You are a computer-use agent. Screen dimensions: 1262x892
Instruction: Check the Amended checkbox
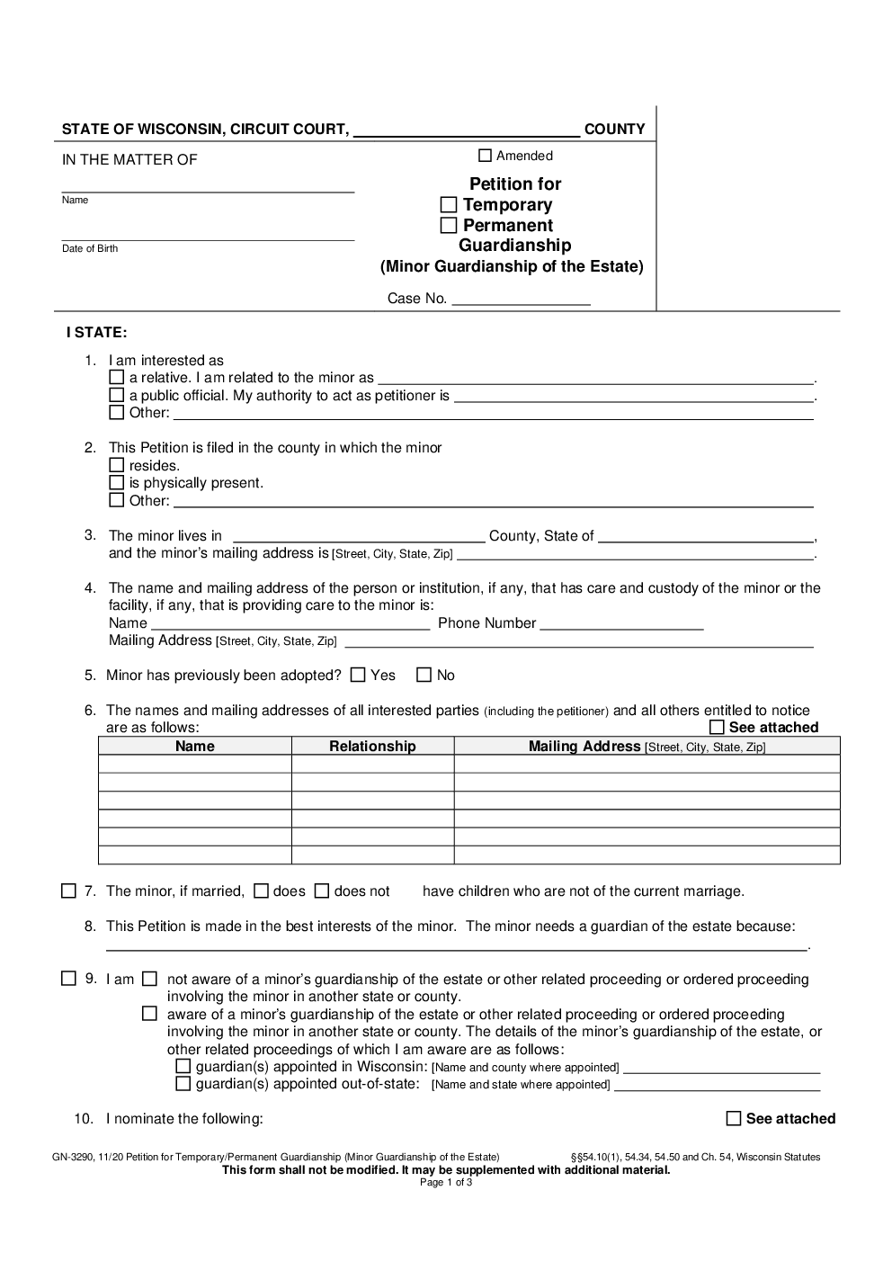486,156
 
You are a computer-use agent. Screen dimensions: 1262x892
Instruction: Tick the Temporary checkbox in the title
449,205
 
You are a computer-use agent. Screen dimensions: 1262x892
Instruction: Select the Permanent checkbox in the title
449,225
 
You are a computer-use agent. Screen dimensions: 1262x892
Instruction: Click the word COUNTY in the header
614,130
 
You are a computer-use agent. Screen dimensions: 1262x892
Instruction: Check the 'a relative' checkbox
117,378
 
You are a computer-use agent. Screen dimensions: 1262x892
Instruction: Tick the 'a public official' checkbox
117,395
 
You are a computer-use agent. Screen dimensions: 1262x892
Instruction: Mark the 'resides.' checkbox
117,465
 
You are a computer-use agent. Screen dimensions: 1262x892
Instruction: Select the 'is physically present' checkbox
117,482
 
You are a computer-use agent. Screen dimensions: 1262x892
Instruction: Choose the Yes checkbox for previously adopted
358,675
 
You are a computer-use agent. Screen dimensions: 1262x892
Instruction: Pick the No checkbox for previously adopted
424,675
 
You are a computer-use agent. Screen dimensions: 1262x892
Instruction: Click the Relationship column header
372,747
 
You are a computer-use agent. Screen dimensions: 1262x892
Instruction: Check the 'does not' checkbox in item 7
322,891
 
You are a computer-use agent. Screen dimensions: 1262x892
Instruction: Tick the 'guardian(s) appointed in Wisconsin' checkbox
183,1067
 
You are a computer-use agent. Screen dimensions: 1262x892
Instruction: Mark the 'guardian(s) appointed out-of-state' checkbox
183,1084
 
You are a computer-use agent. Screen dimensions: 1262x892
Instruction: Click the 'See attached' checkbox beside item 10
734,1119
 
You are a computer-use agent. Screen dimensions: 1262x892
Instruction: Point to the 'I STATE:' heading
97,333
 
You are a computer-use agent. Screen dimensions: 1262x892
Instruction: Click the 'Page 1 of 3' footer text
446,1183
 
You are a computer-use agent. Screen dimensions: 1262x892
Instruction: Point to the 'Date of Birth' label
90,248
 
